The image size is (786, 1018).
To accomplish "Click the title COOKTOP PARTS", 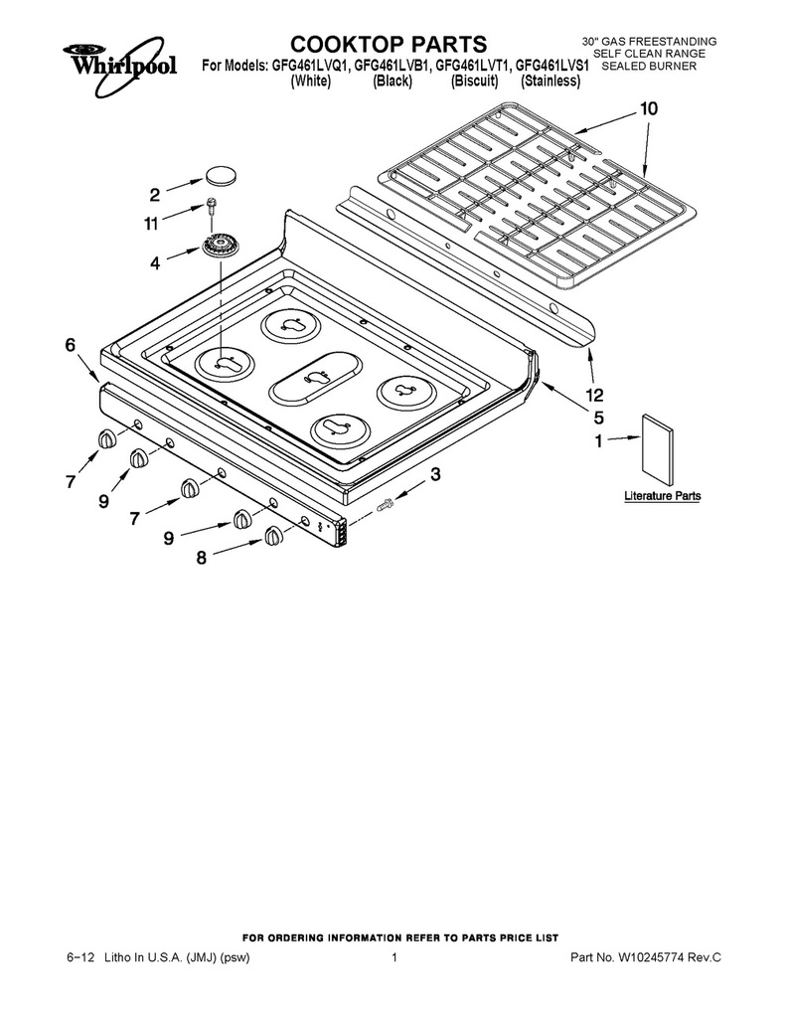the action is tap(389, 44).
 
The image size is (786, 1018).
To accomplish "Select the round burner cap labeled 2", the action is tap(221, 175).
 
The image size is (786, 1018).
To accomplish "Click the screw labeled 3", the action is tap(387, 502).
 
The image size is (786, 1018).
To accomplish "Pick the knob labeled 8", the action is tap(273, 537).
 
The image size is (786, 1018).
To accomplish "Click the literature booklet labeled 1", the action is tap(657, 446).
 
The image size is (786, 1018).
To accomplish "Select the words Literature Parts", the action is tap(662, 496).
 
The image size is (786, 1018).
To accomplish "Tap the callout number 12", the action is tap(594, 395).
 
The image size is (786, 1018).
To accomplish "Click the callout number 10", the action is tap(649, 108).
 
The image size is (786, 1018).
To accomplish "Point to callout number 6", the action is tap(71, 345).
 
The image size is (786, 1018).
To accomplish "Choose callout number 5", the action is tap(598, 417).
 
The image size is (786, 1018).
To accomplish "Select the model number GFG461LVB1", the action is tap(393, 67).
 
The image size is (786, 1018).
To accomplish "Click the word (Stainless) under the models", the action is tap(550, 82).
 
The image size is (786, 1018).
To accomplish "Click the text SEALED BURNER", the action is tap(649, 67).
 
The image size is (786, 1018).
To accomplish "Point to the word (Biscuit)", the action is tap(474, 82).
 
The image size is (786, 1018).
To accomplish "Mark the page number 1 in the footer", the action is tap(393, 957).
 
